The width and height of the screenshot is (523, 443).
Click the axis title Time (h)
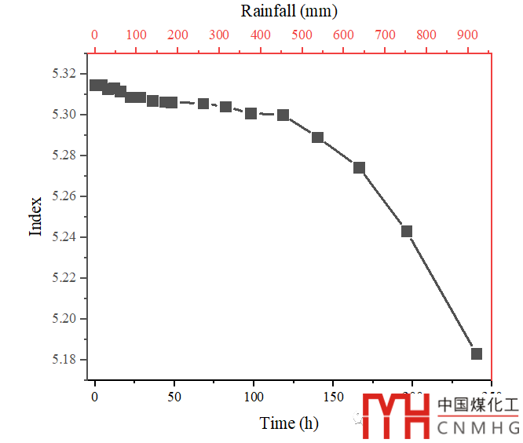[289, 423]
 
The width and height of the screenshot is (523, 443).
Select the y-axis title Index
[35, 217]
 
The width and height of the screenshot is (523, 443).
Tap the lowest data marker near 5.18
[476, 353]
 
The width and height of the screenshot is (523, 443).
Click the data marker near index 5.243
[407, 231]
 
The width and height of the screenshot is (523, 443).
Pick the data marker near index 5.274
[359, 167]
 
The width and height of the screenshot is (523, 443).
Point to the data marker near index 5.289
[317, 137]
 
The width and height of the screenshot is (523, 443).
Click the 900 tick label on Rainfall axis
[468, 35]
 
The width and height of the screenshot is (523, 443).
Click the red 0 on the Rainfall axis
[95, 35]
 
